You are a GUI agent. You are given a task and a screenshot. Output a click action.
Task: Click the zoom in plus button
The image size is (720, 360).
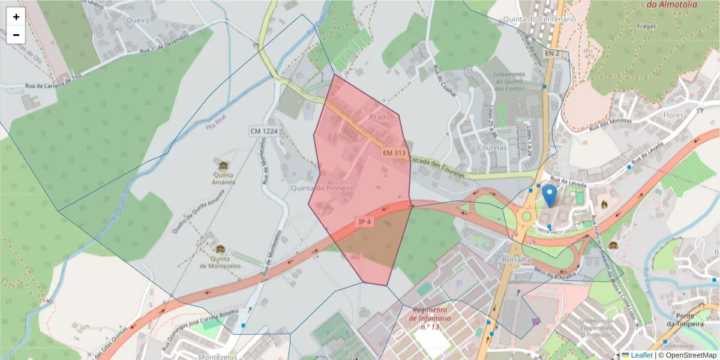click(16, 17)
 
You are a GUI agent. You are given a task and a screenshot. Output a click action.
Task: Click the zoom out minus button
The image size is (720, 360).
click(16, 35)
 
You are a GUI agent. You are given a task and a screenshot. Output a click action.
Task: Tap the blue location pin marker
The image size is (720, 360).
click(549, 196)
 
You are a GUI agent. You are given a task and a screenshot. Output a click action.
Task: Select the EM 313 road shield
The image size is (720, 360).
click(394, 154)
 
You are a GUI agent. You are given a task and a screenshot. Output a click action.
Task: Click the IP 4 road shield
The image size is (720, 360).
click(365, 222)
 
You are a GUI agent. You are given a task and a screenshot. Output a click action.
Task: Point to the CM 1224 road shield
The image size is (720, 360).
click(265, 131)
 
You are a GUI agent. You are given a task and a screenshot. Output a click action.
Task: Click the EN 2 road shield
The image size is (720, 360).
click(551, 53)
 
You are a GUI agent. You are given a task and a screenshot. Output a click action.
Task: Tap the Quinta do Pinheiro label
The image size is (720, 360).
click(323, 188)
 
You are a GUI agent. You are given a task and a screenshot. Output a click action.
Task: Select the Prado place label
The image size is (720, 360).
click(380, 116)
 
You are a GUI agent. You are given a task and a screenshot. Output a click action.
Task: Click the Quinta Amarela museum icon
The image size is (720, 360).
click(223, 166)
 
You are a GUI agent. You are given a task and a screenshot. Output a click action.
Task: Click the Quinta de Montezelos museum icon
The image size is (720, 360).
click(220, 249)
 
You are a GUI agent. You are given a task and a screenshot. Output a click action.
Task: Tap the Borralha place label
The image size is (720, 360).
click(515, 260)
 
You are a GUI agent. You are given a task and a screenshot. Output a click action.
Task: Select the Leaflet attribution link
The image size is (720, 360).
click(641, 355)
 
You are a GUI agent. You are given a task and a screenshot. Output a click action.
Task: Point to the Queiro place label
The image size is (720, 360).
click(137, 20)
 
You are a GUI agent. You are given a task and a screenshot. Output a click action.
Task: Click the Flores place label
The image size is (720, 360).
click(674, 115)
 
